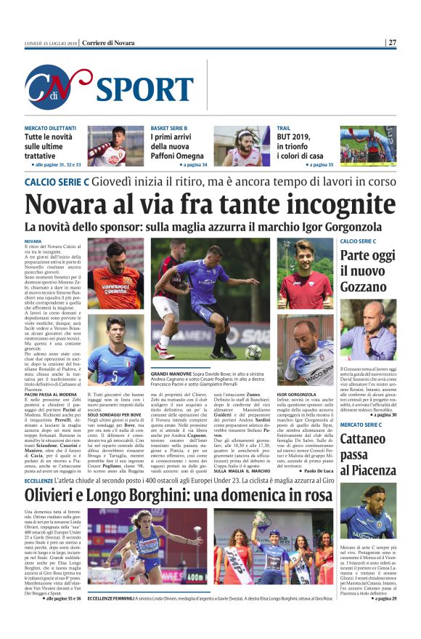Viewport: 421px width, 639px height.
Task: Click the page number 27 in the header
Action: point(392,42)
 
